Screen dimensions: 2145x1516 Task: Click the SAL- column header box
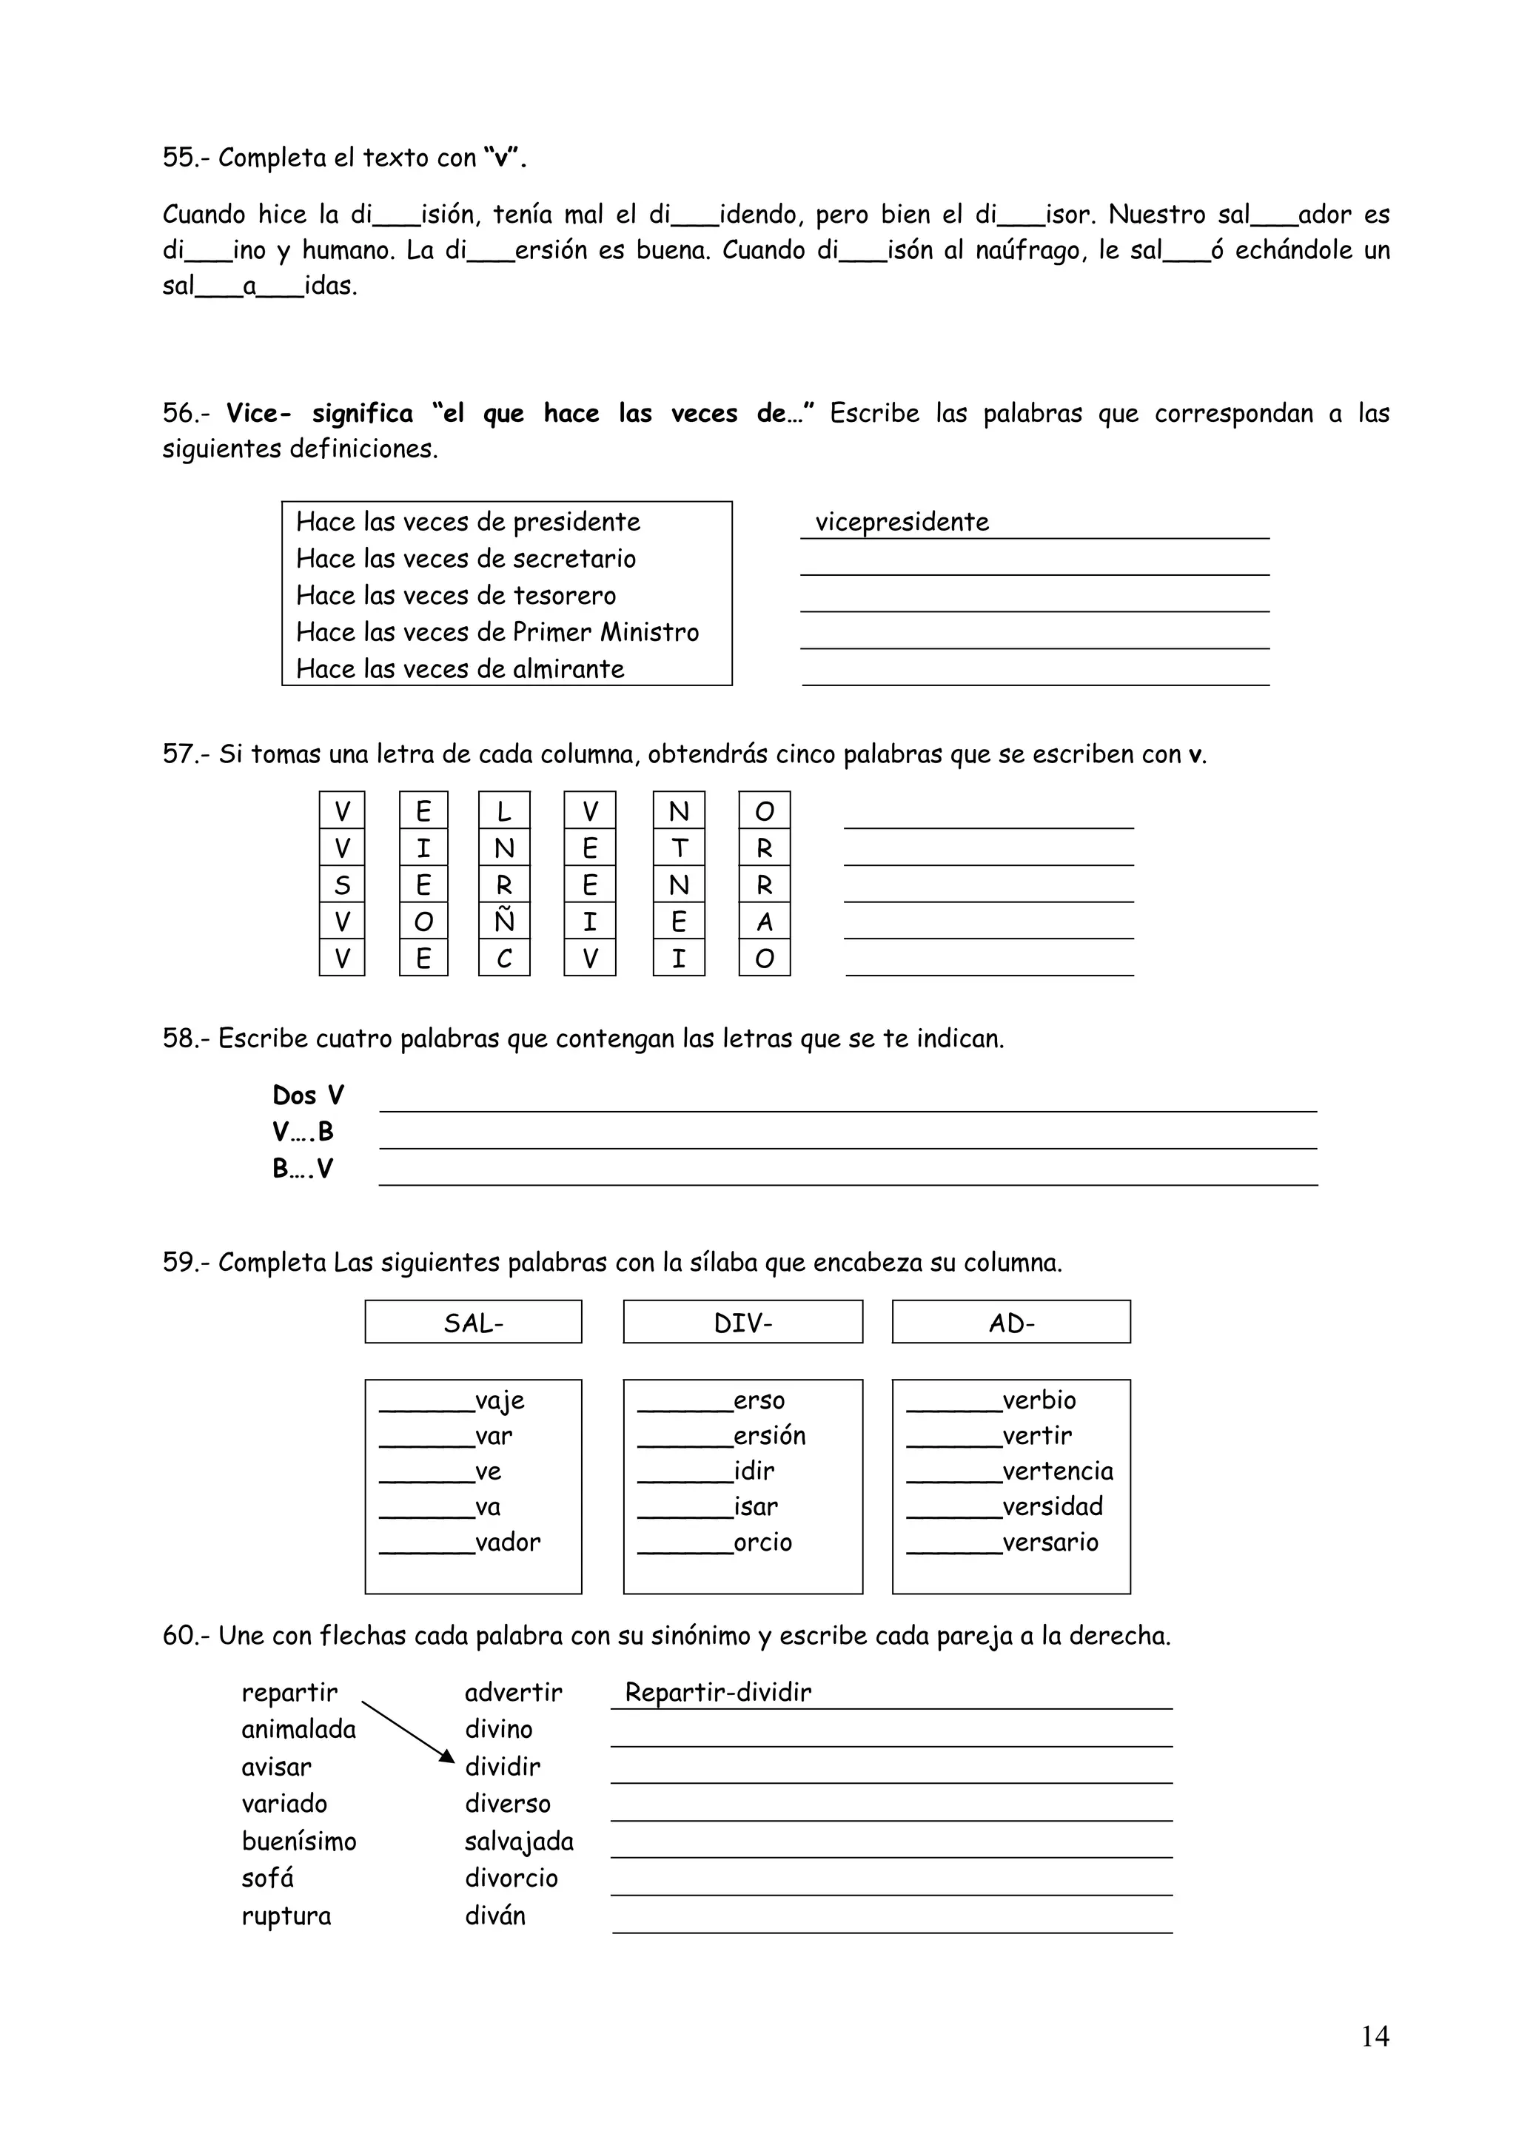(x=473, y=1323)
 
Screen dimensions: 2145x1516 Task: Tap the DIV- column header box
(x=742, y=1323)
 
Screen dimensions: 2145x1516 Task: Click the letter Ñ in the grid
(x=503, y=922)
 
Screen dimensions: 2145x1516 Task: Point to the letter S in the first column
(x=342, y=884)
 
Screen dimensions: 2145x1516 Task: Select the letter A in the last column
(x=764, y=922)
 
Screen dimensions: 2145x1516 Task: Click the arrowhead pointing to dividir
(x=446, y=1757)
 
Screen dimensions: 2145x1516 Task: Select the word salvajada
(x=520, y=1842)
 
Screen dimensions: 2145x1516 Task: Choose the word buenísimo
(x=299, y=1842)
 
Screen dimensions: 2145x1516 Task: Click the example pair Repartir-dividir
(x=717, y=1692)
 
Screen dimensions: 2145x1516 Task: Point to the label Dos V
(x=308, y=1095)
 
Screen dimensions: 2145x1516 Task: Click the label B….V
(x=303, y=1169)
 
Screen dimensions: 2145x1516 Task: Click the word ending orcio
(x=762, y=1542)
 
